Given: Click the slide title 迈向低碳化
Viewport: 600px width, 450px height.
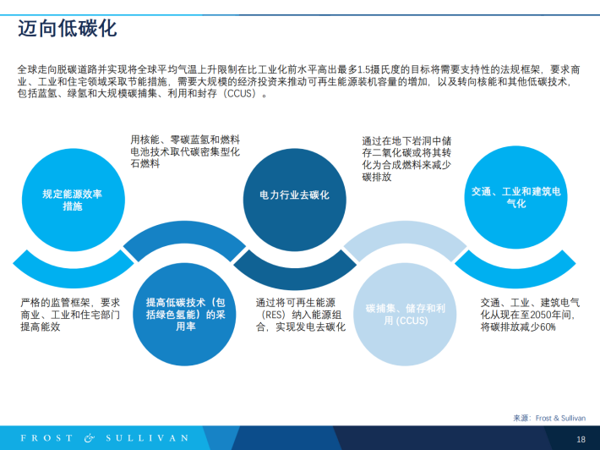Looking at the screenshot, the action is [67, 29].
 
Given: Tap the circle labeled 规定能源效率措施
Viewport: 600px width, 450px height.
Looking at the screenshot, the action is [73, 200].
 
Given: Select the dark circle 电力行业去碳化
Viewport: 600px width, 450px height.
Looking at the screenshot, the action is [295, 200].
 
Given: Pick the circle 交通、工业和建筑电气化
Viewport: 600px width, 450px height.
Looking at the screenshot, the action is [515, 197].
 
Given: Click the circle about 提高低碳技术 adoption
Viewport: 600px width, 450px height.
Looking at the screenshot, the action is [184, 315].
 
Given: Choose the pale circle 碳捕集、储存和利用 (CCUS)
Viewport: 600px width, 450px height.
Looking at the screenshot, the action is [405, 315].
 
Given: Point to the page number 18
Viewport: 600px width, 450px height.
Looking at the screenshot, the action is [581, 439].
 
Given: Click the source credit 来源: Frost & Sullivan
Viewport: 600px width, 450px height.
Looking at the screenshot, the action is [549, 418].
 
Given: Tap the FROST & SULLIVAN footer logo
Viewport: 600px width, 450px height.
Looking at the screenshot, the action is [105, 438].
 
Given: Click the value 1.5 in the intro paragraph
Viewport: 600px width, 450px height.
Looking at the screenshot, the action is [365, 69].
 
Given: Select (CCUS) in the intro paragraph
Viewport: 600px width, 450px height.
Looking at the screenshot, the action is [240, 93].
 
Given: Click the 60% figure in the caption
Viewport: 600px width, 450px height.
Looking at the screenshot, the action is [548, 327].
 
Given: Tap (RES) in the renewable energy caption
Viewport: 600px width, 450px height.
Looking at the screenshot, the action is [274, 315].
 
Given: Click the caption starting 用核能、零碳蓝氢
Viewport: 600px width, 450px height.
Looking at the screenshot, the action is [185, 151].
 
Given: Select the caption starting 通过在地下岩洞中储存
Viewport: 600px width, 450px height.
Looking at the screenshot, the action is [406, 159].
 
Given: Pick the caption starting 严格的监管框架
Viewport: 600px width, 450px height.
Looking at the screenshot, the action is [70, 315].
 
